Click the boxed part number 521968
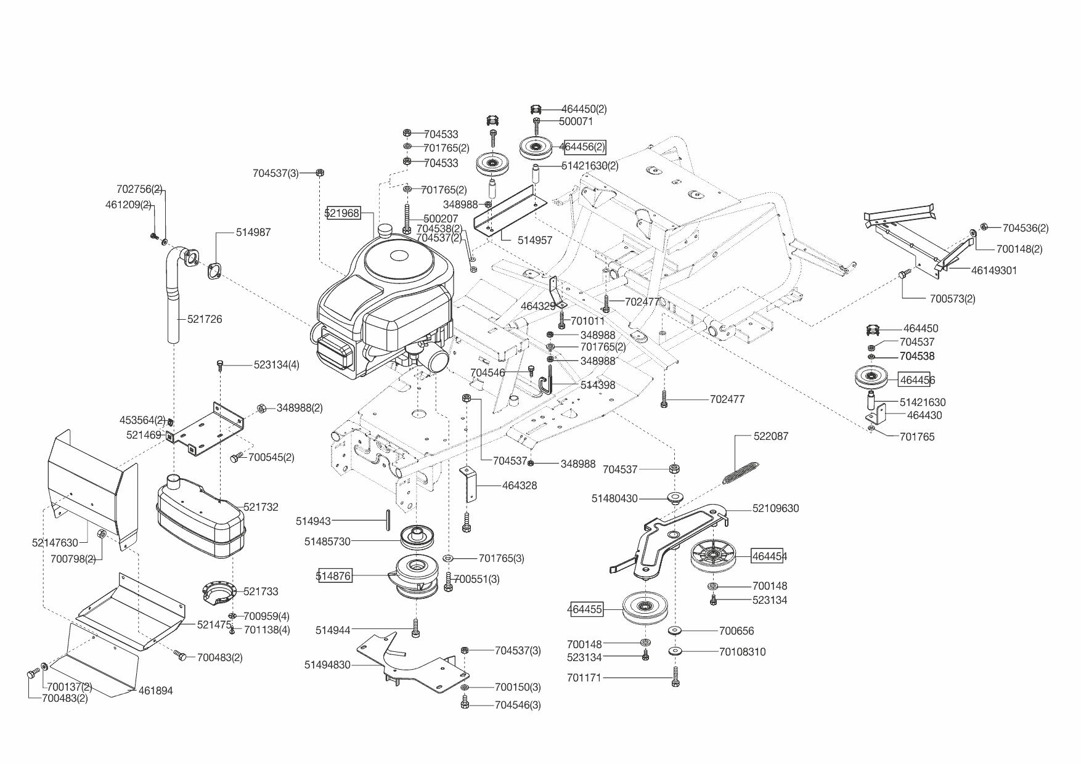[x=343, y=213]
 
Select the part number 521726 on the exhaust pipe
[x=205, y=319]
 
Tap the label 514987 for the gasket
[x=253, y=232]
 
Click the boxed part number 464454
[x=769, y=556]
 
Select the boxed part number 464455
[x=585, y=609]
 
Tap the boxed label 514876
[x=334, y=576]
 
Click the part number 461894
[x=155, y=691]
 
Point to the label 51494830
[x=327, y=665]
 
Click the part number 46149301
[x=994, y=270]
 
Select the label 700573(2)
[x=952, y=299]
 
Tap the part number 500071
[x=576, y=122]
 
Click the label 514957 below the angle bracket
[x=535, y=240]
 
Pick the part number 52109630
[x=775, y=508]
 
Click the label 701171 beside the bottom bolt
[x=584, y=678]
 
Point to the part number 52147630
[x=55, y=543]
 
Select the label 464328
[x=520, y=486]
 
